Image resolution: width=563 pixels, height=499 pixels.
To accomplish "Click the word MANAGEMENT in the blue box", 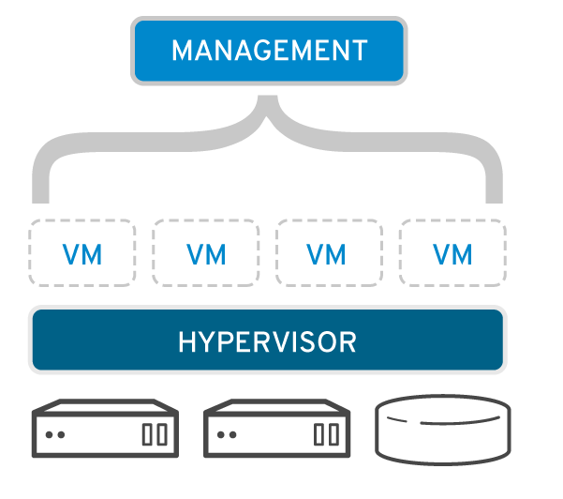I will (x=269, y=50).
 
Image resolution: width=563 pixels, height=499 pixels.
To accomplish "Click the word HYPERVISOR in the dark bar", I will (x=268, y=340).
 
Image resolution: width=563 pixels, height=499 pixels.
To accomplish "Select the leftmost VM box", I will (x=81, y=253).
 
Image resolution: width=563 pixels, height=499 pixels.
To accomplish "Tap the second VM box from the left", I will (x=205, y=253).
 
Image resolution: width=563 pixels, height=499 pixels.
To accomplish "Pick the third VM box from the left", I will (x=328, y=253).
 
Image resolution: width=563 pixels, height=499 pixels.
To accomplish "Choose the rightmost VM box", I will (x=452, y=253).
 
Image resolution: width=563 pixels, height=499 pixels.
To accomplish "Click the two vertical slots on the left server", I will (x=155, y=434).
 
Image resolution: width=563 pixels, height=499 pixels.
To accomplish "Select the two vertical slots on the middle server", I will (x=325, y=434).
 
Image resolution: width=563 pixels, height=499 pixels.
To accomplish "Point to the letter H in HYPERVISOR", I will (x=185, y=341).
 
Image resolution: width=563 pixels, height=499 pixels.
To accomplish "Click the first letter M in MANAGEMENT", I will (x=181, y=50).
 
